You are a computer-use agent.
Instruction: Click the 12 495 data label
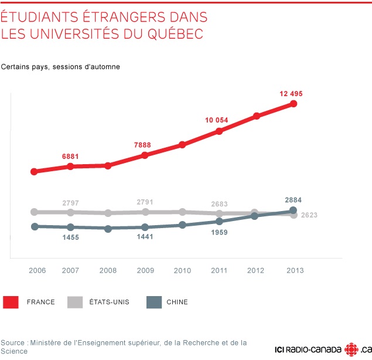291,93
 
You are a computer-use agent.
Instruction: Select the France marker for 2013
293,104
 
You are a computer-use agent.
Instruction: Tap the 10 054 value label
217,120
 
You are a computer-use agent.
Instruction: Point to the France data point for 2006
35,172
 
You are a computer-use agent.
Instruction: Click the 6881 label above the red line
70,157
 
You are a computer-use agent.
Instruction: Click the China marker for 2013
293,210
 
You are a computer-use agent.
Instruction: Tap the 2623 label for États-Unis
309,215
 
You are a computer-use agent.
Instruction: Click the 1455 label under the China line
70,237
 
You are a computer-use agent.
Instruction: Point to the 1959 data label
219,232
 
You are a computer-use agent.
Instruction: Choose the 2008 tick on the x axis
108,270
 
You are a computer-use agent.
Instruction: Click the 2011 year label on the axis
219,270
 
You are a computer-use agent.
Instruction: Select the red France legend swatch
11,302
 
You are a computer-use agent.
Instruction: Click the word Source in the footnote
13,342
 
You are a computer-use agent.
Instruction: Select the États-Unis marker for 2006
35,212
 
